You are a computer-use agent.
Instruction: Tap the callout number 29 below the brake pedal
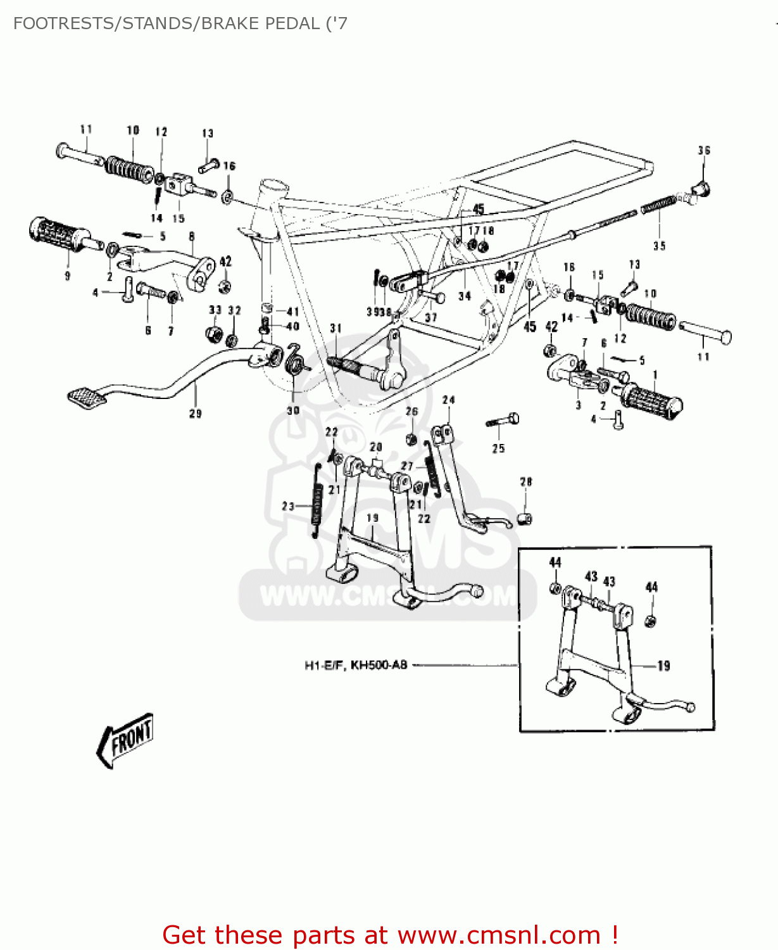tap(196, 414)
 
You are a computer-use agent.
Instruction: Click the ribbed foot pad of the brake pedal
tap(87, 396)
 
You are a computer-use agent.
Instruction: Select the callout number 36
tap(704, 150)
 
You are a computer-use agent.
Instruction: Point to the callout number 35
tap(660, 246)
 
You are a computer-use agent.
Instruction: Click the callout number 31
tap(336, 328)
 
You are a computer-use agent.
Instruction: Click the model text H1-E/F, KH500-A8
tap(356, 665)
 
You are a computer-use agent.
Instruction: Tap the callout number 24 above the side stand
tap(448, 400)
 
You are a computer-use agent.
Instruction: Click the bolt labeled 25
tap(503, 421)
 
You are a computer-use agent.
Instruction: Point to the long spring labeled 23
tap(317, 500)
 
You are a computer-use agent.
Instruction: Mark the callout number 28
tap(526, 482)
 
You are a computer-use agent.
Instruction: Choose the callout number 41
tap(292, 312)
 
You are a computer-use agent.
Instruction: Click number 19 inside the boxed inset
tap(663, 666)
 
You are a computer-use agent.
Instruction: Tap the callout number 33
tap(215, 310)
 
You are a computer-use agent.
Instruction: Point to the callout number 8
tap(192, 237)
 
